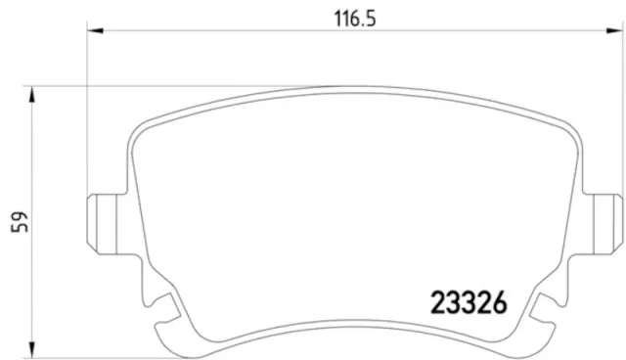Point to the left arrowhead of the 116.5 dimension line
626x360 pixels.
94,32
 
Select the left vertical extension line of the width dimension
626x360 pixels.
87,108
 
